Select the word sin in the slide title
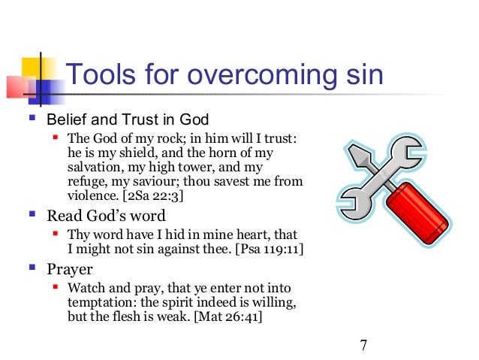pos(360,75)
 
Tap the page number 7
pos(363,345)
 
